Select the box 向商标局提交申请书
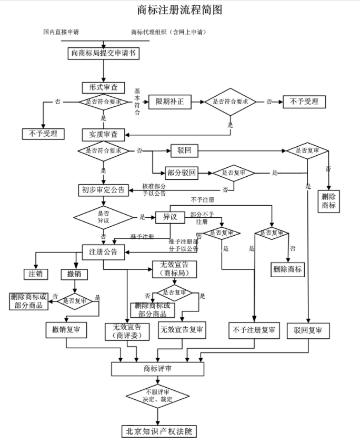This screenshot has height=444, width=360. tap(104, 53)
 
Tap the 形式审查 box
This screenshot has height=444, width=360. tap(103, 87)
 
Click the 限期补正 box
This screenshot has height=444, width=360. tap(170, 101)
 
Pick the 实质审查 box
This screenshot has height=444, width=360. tap(104, 135)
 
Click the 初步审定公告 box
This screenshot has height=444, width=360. tap(104, 190)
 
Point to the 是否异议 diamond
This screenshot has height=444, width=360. tap(104, 217)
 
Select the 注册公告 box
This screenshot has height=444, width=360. tap(104, 252)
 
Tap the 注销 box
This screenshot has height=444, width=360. tap(36, 274)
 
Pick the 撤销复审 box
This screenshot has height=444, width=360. tap(66, 330)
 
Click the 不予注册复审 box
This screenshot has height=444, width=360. tap(253, 330)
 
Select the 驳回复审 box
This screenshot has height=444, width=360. tap(308, 330)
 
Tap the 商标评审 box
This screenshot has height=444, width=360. tap(157, 369)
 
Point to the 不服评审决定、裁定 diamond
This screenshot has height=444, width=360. tap(157, 396)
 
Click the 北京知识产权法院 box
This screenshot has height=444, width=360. tap(157, 431)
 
